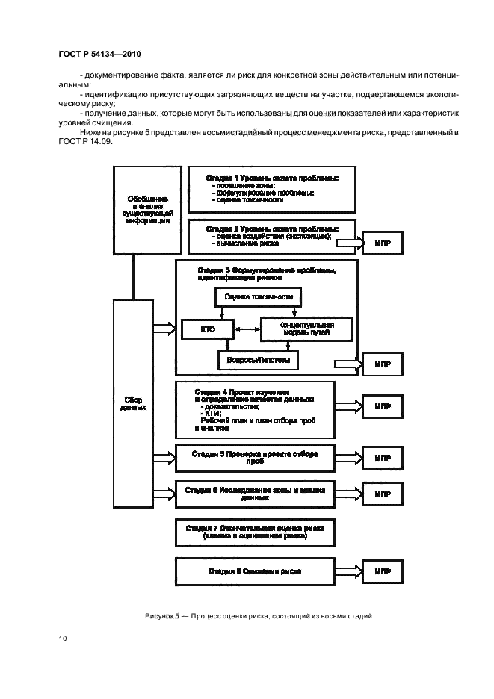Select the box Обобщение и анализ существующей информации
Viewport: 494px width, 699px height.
point(146,208)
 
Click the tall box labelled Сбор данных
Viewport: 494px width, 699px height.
point(132,403)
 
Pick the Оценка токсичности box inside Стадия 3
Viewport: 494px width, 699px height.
point(258,297)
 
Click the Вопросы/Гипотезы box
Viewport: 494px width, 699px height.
point(257,360)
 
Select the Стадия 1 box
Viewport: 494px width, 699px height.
point(271,189)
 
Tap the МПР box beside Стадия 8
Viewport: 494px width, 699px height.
point(383,571)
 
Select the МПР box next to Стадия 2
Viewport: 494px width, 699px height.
point(383,243)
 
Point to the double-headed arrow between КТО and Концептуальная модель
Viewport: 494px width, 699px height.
point(247,328)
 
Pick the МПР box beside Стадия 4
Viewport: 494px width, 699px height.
point(383,407)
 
